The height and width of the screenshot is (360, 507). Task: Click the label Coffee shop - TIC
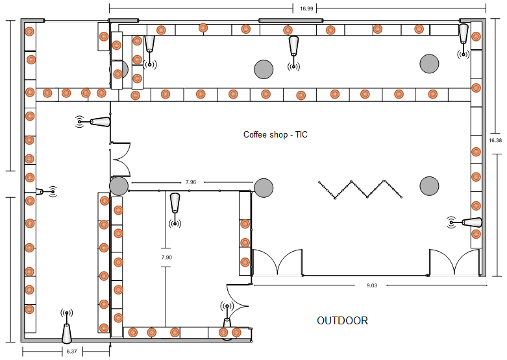pos(275,135)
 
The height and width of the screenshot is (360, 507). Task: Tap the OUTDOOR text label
pos(342,320)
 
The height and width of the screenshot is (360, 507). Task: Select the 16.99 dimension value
pos(306,8)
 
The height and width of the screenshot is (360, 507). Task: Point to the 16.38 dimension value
pos(495,140)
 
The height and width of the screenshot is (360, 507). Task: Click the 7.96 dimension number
pos(190,182)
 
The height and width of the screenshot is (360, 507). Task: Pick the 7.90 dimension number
pos(166,258)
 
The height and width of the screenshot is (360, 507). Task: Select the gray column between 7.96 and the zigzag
pos(263,188)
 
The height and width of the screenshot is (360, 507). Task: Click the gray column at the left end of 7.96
pos(118,186)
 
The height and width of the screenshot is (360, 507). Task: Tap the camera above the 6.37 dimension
pos(67,331)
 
